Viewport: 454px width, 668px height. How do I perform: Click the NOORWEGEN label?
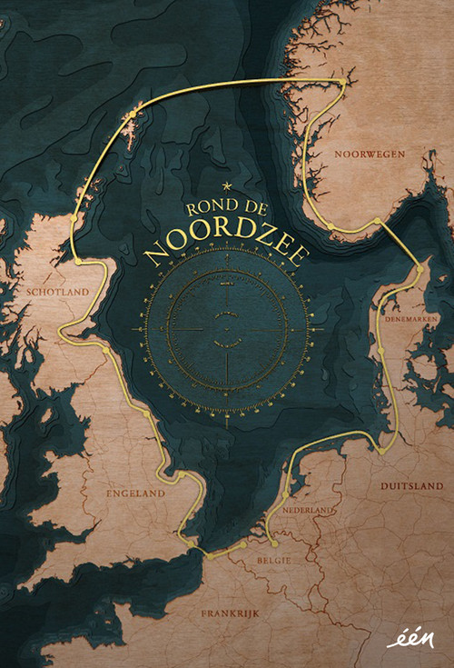pyautogui.click(x=369, y=155)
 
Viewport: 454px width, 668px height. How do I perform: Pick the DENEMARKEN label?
pyautogui.click(x=411, y=320)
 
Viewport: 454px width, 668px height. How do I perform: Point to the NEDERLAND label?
pyautogui.click(x=309, y=512)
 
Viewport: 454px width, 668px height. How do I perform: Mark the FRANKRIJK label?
pyautogui.click(x=230, y=614)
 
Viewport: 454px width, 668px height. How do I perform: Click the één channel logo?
pyautogui.click(x=410, y=640)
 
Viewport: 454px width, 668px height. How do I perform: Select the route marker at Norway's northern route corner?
pyautogui.click(x=343, y=83)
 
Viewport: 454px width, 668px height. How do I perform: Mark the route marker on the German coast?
pyautogui.click(x=382, y=449)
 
